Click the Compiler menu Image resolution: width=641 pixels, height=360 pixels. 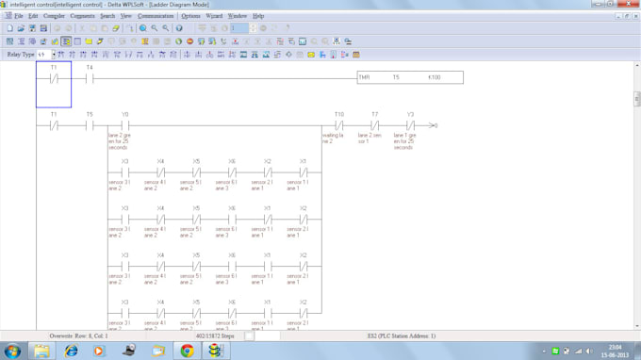tap(54, 16)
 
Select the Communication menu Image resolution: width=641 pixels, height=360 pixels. tap(156, 16)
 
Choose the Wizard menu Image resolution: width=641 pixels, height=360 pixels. tap(214, 16)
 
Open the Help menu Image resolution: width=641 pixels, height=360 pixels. tap(258, 16)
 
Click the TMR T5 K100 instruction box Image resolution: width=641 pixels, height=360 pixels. tap(410, 77)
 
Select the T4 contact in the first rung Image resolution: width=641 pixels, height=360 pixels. tap(90, 78)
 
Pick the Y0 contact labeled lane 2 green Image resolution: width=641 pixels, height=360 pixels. tap(124, 125)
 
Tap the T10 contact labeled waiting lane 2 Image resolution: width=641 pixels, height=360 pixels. tap(338, 125)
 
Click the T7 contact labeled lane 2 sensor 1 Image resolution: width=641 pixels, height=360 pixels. tap(374, 125)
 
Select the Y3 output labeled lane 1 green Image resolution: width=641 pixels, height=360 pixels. tap(410, 125)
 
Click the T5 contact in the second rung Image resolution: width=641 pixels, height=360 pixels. tap(90, 125)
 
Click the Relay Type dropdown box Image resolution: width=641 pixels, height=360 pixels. tap(45, 55)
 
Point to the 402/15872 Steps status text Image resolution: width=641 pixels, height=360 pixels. tap(215, 335)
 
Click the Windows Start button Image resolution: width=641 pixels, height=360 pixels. tap(12, 351)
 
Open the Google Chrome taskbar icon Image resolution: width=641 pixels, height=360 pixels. tap(187, 351)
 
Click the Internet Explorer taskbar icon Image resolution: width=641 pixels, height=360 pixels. tap(71, 351)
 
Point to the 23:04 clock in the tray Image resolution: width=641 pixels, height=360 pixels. tap(614, 347)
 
